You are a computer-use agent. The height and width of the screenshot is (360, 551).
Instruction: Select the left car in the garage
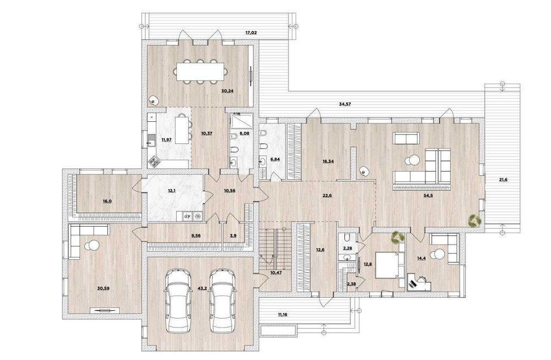(177, 300)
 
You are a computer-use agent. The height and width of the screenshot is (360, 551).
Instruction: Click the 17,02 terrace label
(251, 33)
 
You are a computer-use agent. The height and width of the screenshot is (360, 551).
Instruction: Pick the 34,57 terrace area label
(345, 104)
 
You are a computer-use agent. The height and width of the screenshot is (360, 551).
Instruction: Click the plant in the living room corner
(473, 219)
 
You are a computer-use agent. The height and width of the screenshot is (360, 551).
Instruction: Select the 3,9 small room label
(233, 235)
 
